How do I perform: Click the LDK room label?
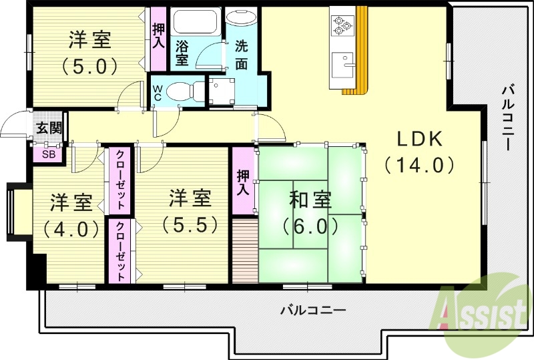point(420,139)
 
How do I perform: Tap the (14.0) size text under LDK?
point(420,164)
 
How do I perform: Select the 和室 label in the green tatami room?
point(310,200)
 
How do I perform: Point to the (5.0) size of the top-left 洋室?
point(89,65)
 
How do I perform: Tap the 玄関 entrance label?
point(48,128)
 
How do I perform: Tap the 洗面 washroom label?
point(241,55)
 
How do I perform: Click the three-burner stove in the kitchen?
point(342,25)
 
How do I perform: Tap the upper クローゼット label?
point(121,181)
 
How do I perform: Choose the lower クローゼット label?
point(121,251)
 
